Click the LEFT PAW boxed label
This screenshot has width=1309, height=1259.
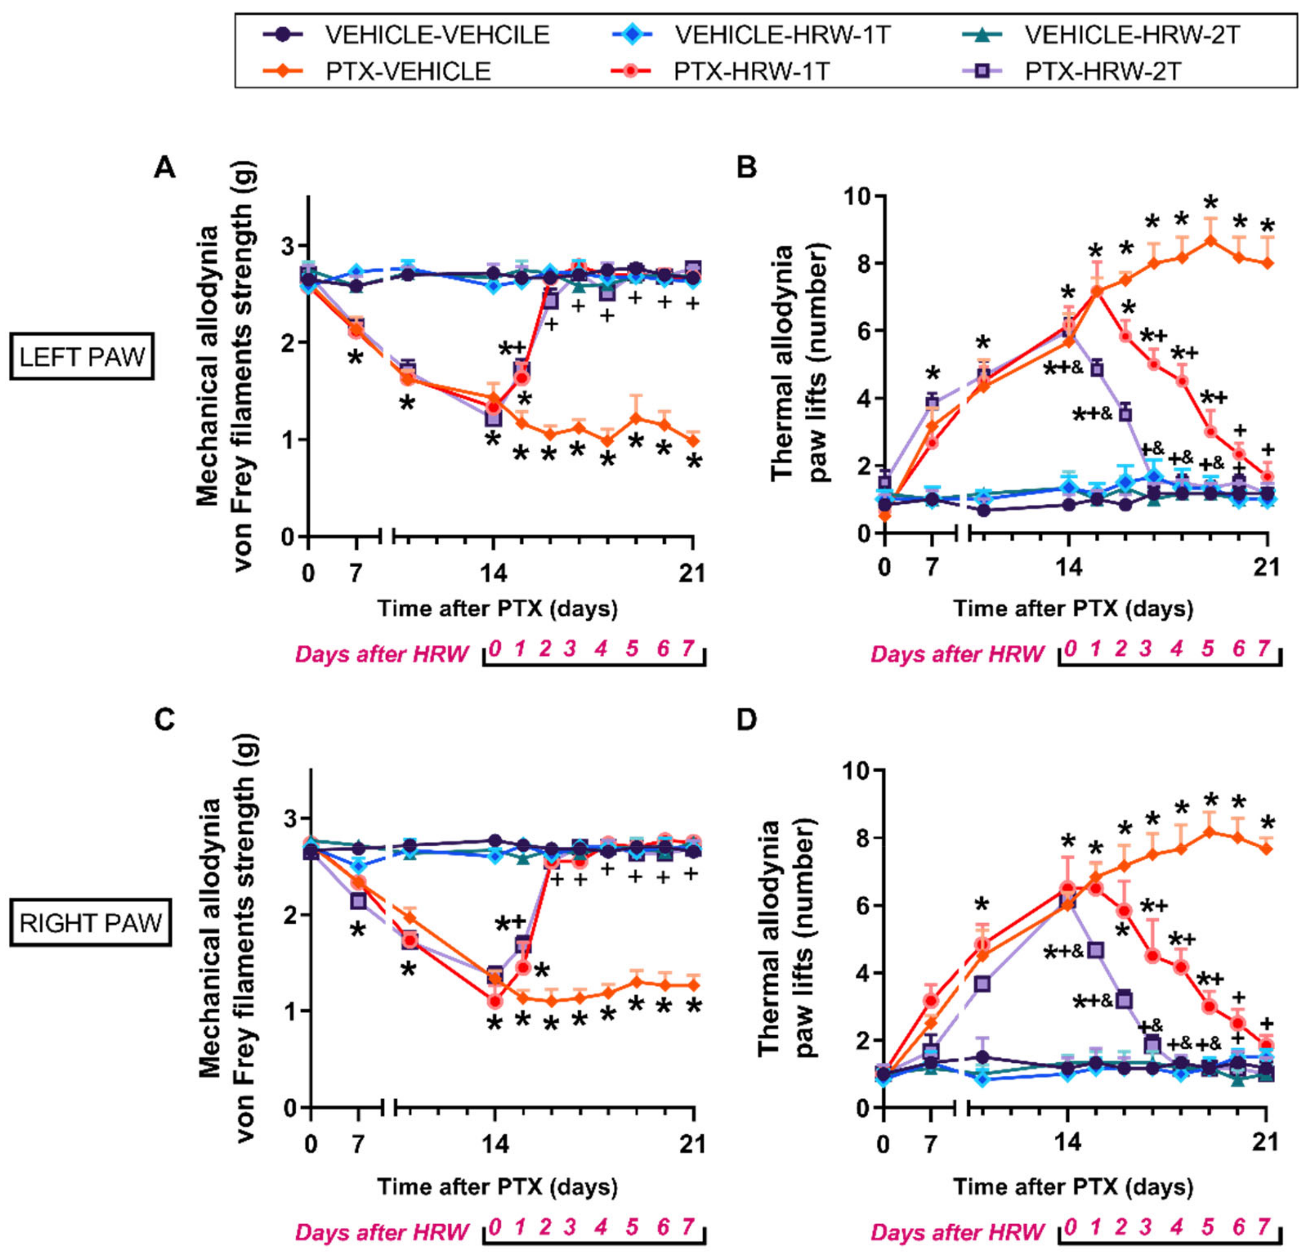(82, 357)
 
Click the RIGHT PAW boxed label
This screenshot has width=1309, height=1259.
(90, 922)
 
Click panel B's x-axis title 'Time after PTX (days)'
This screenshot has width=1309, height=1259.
(1073, 608)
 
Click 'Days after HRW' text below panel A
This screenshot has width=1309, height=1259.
(381, 654)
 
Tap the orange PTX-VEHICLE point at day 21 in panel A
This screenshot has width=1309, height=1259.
(694, 441)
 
